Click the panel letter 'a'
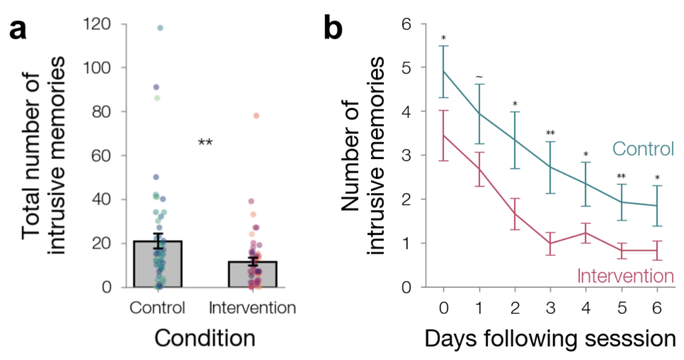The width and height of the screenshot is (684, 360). [18, 30]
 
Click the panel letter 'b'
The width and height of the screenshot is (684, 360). [333, 28]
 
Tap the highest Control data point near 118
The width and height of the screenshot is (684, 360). [161, 28]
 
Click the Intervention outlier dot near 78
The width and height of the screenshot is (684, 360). [256, 116]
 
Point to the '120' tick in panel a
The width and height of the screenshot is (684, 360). [97, 24]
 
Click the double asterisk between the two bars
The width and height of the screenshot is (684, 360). [205, 143]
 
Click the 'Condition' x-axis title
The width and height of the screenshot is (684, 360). [205, 338]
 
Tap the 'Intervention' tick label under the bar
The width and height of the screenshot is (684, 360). [253, 308]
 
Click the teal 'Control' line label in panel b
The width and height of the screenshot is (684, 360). [642, 149]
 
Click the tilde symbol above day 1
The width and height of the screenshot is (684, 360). [480, 76]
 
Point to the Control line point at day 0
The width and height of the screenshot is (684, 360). [444, 71]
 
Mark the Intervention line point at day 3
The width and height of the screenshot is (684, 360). [551, 243]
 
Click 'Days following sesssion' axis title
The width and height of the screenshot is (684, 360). [550, 338]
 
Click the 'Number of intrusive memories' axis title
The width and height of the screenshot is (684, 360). [363, 155]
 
